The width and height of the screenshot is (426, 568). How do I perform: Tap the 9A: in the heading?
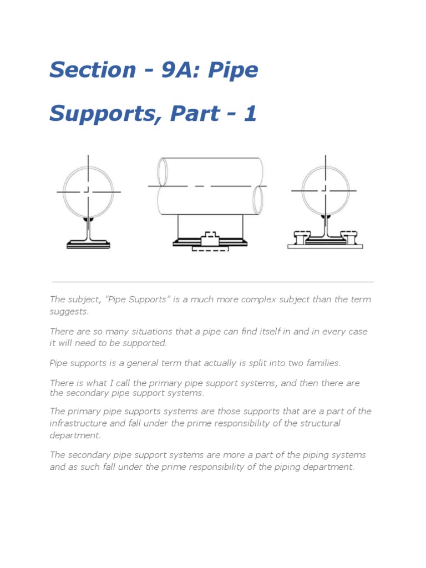pos(179,70)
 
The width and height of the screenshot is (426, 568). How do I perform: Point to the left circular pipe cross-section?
pos(88,191)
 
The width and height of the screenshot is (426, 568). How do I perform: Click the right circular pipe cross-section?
pos(325,191)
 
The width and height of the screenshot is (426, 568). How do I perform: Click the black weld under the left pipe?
pos(88,220)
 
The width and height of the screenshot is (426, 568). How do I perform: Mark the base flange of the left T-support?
pos(88,245)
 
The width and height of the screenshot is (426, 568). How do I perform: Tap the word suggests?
pos(69,312)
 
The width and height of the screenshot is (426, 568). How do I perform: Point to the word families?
pos(321,363)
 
